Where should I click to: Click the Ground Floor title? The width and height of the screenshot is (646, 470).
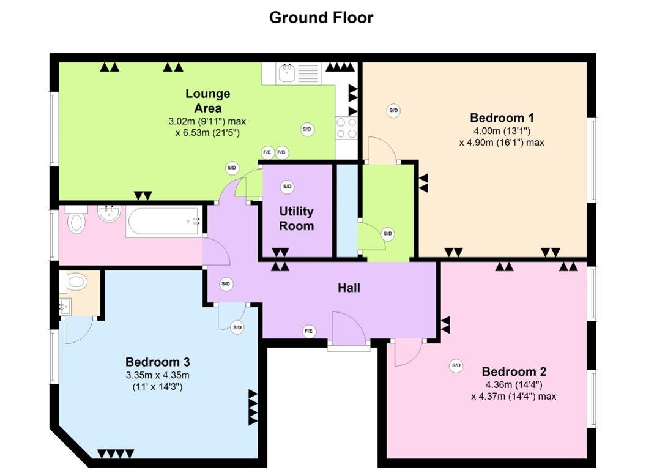321,18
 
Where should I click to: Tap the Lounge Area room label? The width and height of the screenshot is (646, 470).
207,100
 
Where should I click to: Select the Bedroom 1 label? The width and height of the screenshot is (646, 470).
502,118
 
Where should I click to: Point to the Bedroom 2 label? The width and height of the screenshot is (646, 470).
514,371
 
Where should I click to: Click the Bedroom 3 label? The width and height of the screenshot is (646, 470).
158,362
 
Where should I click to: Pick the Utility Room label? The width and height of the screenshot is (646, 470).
297,218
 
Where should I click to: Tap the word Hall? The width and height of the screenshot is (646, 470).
349,288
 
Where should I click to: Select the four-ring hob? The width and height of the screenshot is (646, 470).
346,128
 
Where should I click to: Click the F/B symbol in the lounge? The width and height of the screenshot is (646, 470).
281,152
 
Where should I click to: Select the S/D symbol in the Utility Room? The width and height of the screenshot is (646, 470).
287,187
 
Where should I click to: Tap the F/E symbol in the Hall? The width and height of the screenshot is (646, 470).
309,331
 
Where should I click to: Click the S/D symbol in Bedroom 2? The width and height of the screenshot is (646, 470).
456,365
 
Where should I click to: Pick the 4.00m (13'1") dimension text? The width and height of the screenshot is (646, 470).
502,131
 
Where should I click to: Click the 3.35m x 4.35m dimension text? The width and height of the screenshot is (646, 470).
158,375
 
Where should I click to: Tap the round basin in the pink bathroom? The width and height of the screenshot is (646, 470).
109,213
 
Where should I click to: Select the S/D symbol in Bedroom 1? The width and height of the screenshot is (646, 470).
393,110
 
